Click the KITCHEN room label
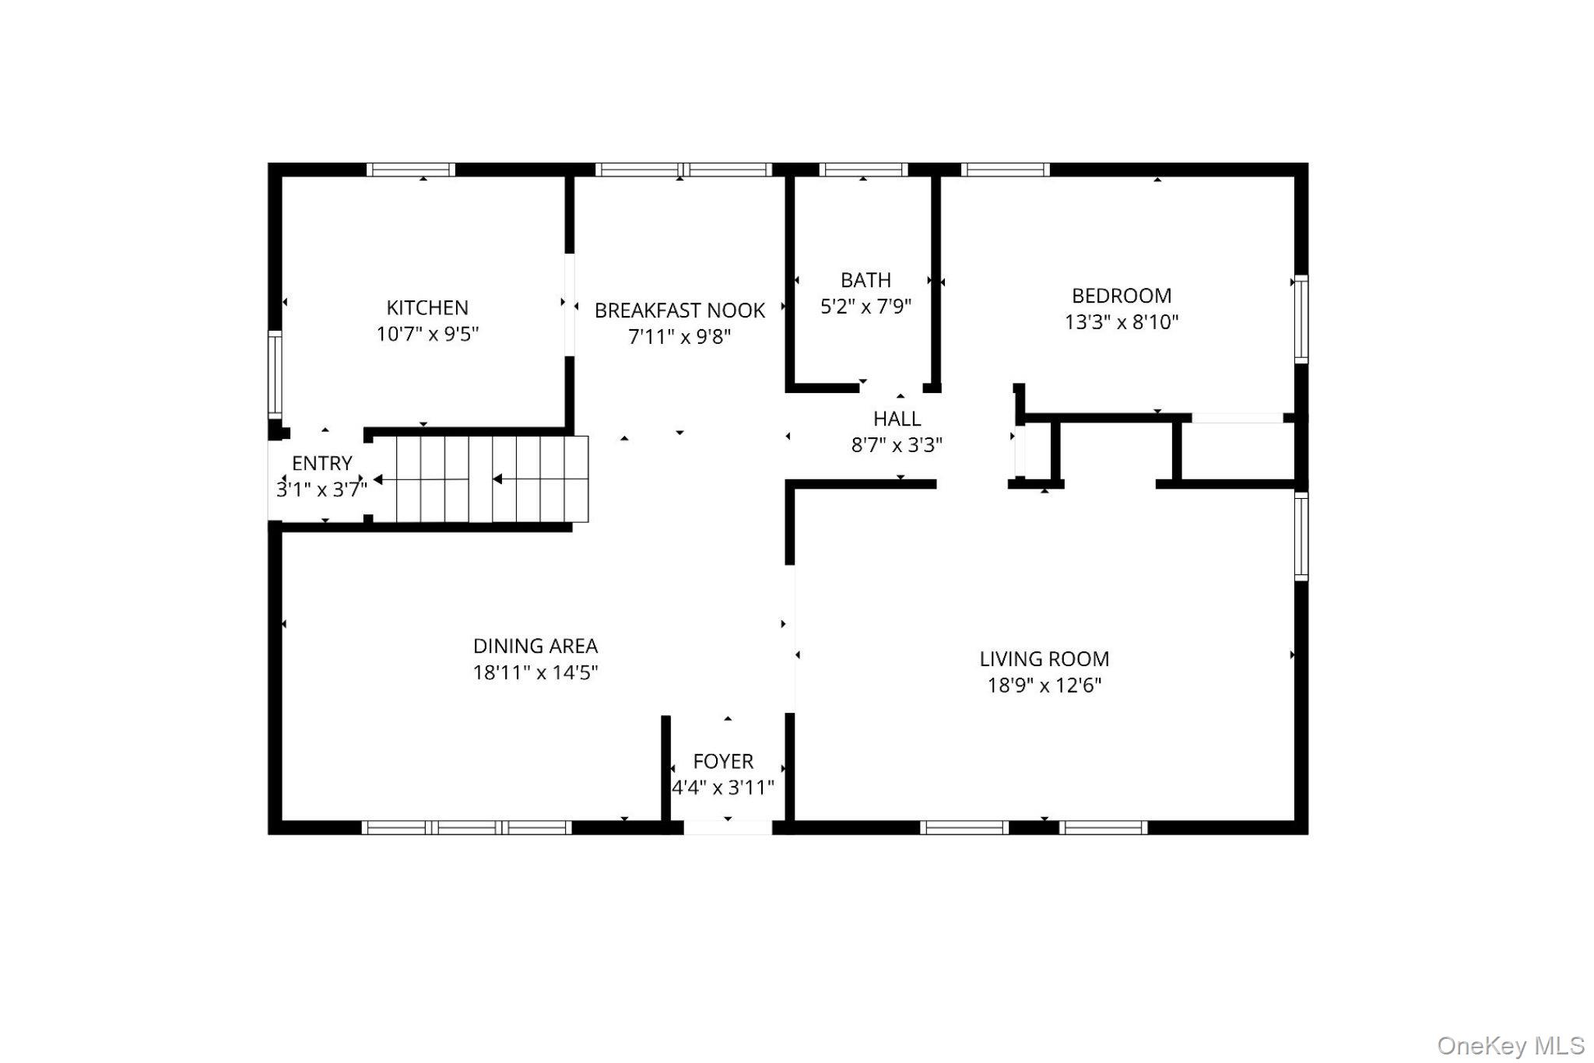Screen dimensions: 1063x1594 [427, 307]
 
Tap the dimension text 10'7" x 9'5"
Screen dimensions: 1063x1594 [427, 334]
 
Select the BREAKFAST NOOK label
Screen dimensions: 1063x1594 [679, 310]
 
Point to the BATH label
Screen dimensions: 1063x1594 [865, 280]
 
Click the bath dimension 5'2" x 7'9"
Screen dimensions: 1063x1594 [865, 307]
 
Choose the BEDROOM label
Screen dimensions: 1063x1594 [1121, 296]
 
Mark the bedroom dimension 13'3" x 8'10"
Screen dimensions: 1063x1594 [1121, 322]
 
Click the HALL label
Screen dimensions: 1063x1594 [897, 419]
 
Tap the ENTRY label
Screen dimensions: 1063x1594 [321, 464]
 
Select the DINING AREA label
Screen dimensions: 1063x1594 [535, 646]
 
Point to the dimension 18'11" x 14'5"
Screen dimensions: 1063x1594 [535, 672]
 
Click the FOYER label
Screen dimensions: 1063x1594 [723, 761]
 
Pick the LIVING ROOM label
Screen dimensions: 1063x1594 [1044, 659]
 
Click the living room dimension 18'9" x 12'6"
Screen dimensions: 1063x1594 [1044, 686]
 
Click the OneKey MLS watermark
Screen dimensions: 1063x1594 [1510, 1045]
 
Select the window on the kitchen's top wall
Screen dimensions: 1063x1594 [410, 170]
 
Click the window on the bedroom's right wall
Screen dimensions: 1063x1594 [1301, 319]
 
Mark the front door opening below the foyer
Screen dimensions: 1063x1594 [728, 827]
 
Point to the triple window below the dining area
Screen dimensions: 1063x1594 [467, 827]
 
